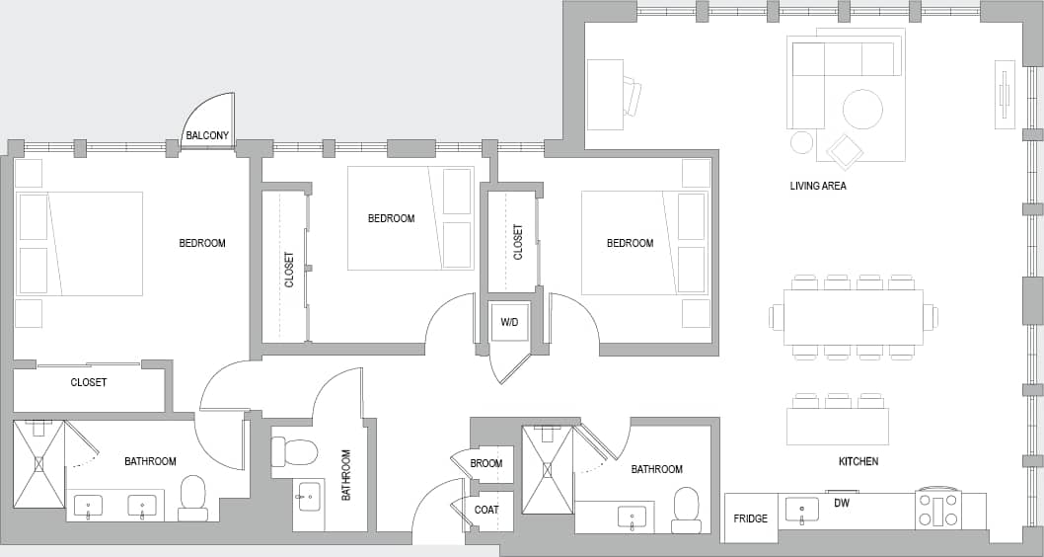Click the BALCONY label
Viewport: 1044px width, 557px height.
[207, 135]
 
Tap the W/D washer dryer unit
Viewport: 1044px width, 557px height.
[509, 322]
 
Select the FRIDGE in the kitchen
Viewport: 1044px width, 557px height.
[751, 518]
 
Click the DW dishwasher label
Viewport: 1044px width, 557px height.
[842, 503]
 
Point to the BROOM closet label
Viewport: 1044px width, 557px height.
[486, 463]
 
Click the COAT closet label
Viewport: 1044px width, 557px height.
[486, 511]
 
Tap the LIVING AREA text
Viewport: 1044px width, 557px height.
[818, 186]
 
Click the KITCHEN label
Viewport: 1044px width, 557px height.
[858, 461]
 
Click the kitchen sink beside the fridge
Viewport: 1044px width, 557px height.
[801, 510]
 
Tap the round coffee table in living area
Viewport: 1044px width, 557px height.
[862, 109]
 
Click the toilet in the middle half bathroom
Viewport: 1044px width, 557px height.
[295, 452]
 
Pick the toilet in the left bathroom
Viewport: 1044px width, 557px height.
[193, 497]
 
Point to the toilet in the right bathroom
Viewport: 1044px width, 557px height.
[686, 509]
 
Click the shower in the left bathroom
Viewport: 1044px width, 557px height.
[38, 463]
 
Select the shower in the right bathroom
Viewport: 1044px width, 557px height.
[547, 469]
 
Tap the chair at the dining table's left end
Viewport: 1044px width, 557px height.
[776, 317]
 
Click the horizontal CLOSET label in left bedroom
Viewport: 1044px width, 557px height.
[89, 382]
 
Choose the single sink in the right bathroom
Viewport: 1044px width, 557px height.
[632, 517]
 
